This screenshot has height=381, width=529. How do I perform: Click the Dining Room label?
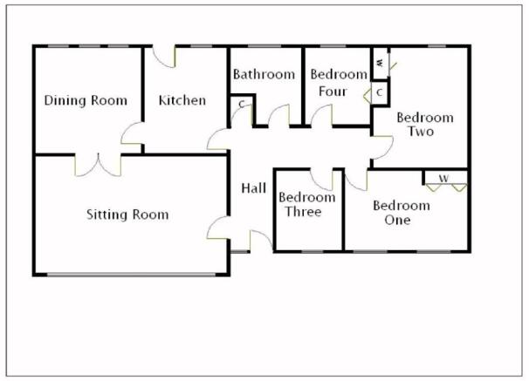click(x=86, y=100)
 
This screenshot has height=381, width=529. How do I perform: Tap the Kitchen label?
click(x=182, y=100)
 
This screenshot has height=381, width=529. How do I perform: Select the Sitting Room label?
click(x=127, y=214)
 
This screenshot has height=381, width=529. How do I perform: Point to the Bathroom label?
click(x=264, y=74)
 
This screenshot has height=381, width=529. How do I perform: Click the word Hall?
click(x=254, y=188)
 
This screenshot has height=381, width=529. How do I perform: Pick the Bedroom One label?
click(x=402, y=213)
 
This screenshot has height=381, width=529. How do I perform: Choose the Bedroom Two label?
click(x=425, y=125)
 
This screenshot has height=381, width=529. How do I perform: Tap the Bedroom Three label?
click(x=307, y=205)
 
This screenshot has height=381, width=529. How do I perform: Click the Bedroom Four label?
click(x=339, y=83)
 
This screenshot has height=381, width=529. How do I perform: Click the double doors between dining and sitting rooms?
click(x=98, y=165)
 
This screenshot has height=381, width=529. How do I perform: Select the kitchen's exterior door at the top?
click(x=164, y=57)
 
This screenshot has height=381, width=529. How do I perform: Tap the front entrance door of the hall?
click(x=261, y=241)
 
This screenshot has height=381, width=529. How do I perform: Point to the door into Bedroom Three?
click(x=321, y=180)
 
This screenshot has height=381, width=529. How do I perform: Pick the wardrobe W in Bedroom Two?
click(x=381, y=64)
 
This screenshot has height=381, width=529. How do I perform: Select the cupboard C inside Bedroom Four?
click(x=379, y=92)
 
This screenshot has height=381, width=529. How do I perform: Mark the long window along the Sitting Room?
click(x=131, y=275)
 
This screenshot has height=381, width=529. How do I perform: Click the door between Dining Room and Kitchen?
click(x=133, y=133)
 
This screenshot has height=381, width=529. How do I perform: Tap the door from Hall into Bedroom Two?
click(x=382, y=147)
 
